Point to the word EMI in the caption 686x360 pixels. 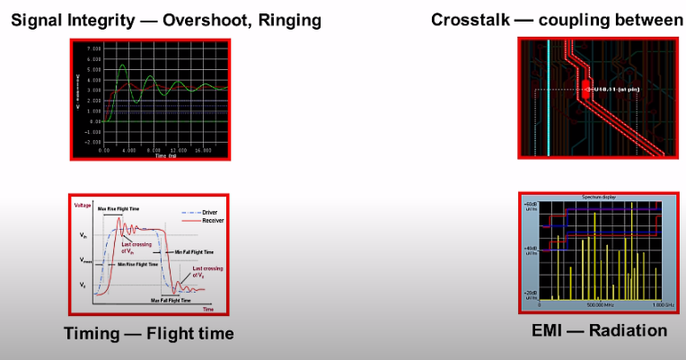tap(545, 330)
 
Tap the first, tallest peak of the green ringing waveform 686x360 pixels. tap(123, 66)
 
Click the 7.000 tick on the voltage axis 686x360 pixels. tap(93, 47)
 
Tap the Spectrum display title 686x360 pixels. tap(593, 197)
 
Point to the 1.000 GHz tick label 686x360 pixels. tap(651, 304)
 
